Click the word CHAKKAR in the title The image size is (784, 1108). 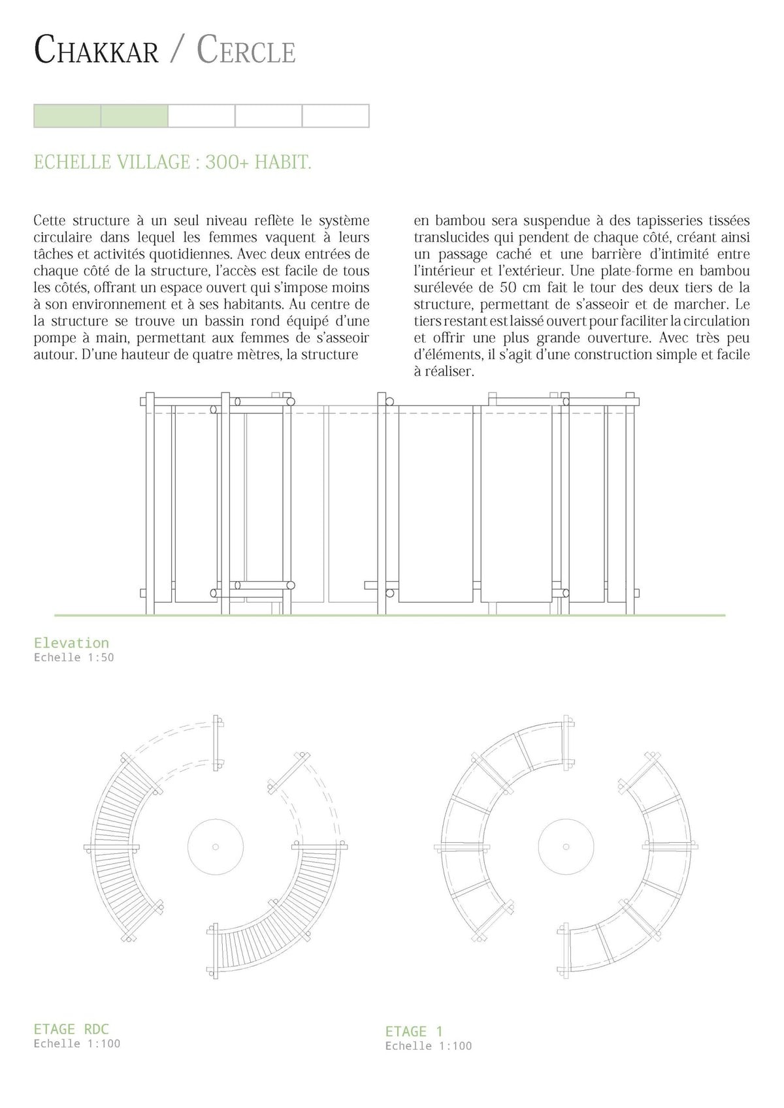96,50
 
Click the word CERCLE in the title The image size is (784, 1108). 246,50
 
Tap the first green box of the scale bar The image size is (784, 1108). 67,116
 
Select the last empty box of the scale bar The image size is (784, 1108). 335,116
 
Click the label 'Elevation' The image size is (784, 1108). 71,642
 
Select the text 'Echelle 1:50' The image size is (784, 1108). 74,657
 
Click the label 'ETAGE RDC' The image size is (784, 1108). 71,1029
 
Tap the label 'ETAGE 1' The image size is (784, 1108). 414,1032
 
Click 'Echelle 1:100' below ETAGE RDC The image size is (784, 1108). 77,1043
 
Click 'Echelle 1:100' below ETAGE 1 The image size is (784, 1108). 429,1046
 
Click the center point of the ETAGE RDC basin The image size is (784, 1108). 216,847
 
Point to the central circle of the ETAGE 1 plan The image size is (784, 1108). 566,847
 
